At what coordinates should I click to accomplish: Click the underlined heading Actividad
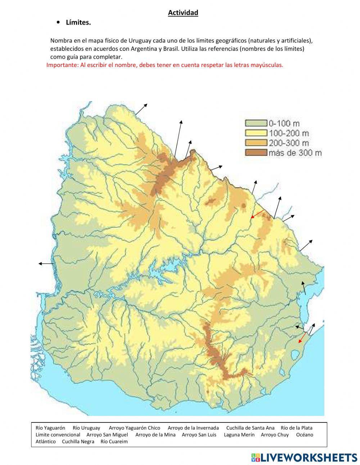click(x=183, y=13)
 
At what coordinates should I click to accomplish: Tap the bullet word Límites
click(x=78, y=23)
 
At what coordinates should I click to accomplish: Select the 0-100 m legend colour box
click(x=256, y=123)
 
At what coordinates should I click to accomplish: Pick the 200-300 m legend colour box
click(x=256, y=143)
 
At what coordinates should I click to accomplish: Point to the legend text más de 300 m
click(x=295, y=153)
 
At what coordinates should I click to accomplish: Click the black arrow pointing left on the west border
click(x=46, y=264)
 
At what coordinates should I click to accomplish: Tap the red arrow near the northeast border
click(x=258, y=214)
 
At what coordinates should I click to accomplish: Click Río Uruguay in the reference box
click(x=86, y=428)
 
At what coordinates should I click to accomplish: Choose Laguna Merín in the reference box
click(x=239, y=435)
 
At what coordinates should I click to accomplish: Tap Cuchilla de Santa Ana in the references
click(x=250, y=428)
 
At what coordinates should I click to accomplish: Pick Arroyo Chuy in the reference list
click(x=275, y=435)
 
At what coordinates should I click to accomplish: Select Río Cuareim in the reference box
click(x=114, y=442)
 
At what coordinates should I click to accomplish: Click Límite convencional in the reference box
click(x=58, y=435)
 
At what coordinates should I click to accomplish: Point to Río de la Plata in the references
click(x=297, y=428)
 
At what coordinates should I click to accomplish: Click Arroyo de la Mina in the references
click(x=156, y=435)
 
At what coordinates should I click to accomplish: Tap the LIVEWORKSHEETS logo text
click(x=309, y=457)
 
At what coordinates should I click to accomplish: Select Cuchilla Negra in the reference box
click(x=78, y=442)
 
